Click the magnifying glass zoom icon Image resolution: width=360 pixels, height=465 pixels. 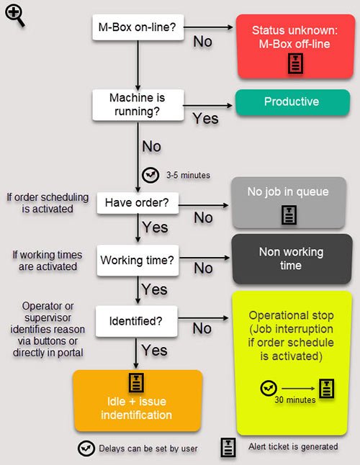[x=14, y=16]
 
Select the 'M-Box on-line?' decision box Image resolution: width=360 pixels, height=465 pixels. [x=138, y=27]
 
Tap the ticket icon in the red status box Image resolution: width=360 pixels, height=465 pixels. [x=296, y=63]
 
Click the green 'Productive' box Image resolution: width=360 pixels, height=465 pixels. [x=293, y=102]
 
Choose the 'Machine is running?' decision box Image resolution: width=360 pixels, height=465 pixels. [x=138, y=105]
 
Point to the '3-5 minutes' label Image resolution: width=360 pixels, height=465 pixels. [x=188, y=175]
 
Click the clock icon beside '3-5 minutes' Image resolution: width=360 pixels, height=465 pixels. [x=150, y=175]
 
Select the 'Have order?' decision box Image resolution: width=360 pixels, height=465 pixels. [x=138, y=203]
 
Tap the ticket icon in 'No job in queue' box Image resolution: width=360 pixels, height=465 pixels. [x=289, y=215]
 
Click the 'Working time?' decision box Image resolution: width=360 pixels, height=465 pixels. [x=138, y=261]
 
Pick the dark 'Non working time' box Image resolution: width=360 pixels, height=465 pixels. [x=292, y=259]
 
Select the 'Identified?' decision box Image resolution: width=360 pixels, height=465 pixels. [x=136, y=322]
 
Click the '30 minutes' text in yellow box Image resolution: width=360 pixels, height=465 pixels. [x=294, y=399]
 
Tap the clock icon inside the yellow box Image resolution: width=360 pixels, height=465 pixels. [x=269, y=388]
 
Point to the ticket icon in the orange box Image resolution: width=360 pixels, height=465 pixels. [x=137, y=382]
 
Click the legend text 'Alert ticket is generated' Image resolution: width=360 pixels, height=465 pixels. [x=293, y=446]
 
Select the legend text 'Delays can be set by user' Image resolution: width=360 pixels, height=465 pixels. [x=148, y=448]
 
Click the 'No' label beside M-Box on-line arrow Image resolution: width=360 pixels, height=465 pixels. [x=203, y=42]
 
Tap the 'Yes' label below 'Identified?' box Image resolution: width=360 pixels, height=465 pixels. [x=154, y=351]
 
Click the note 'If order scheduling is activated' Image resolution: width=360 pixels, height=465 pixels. [x=48, y=203]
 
